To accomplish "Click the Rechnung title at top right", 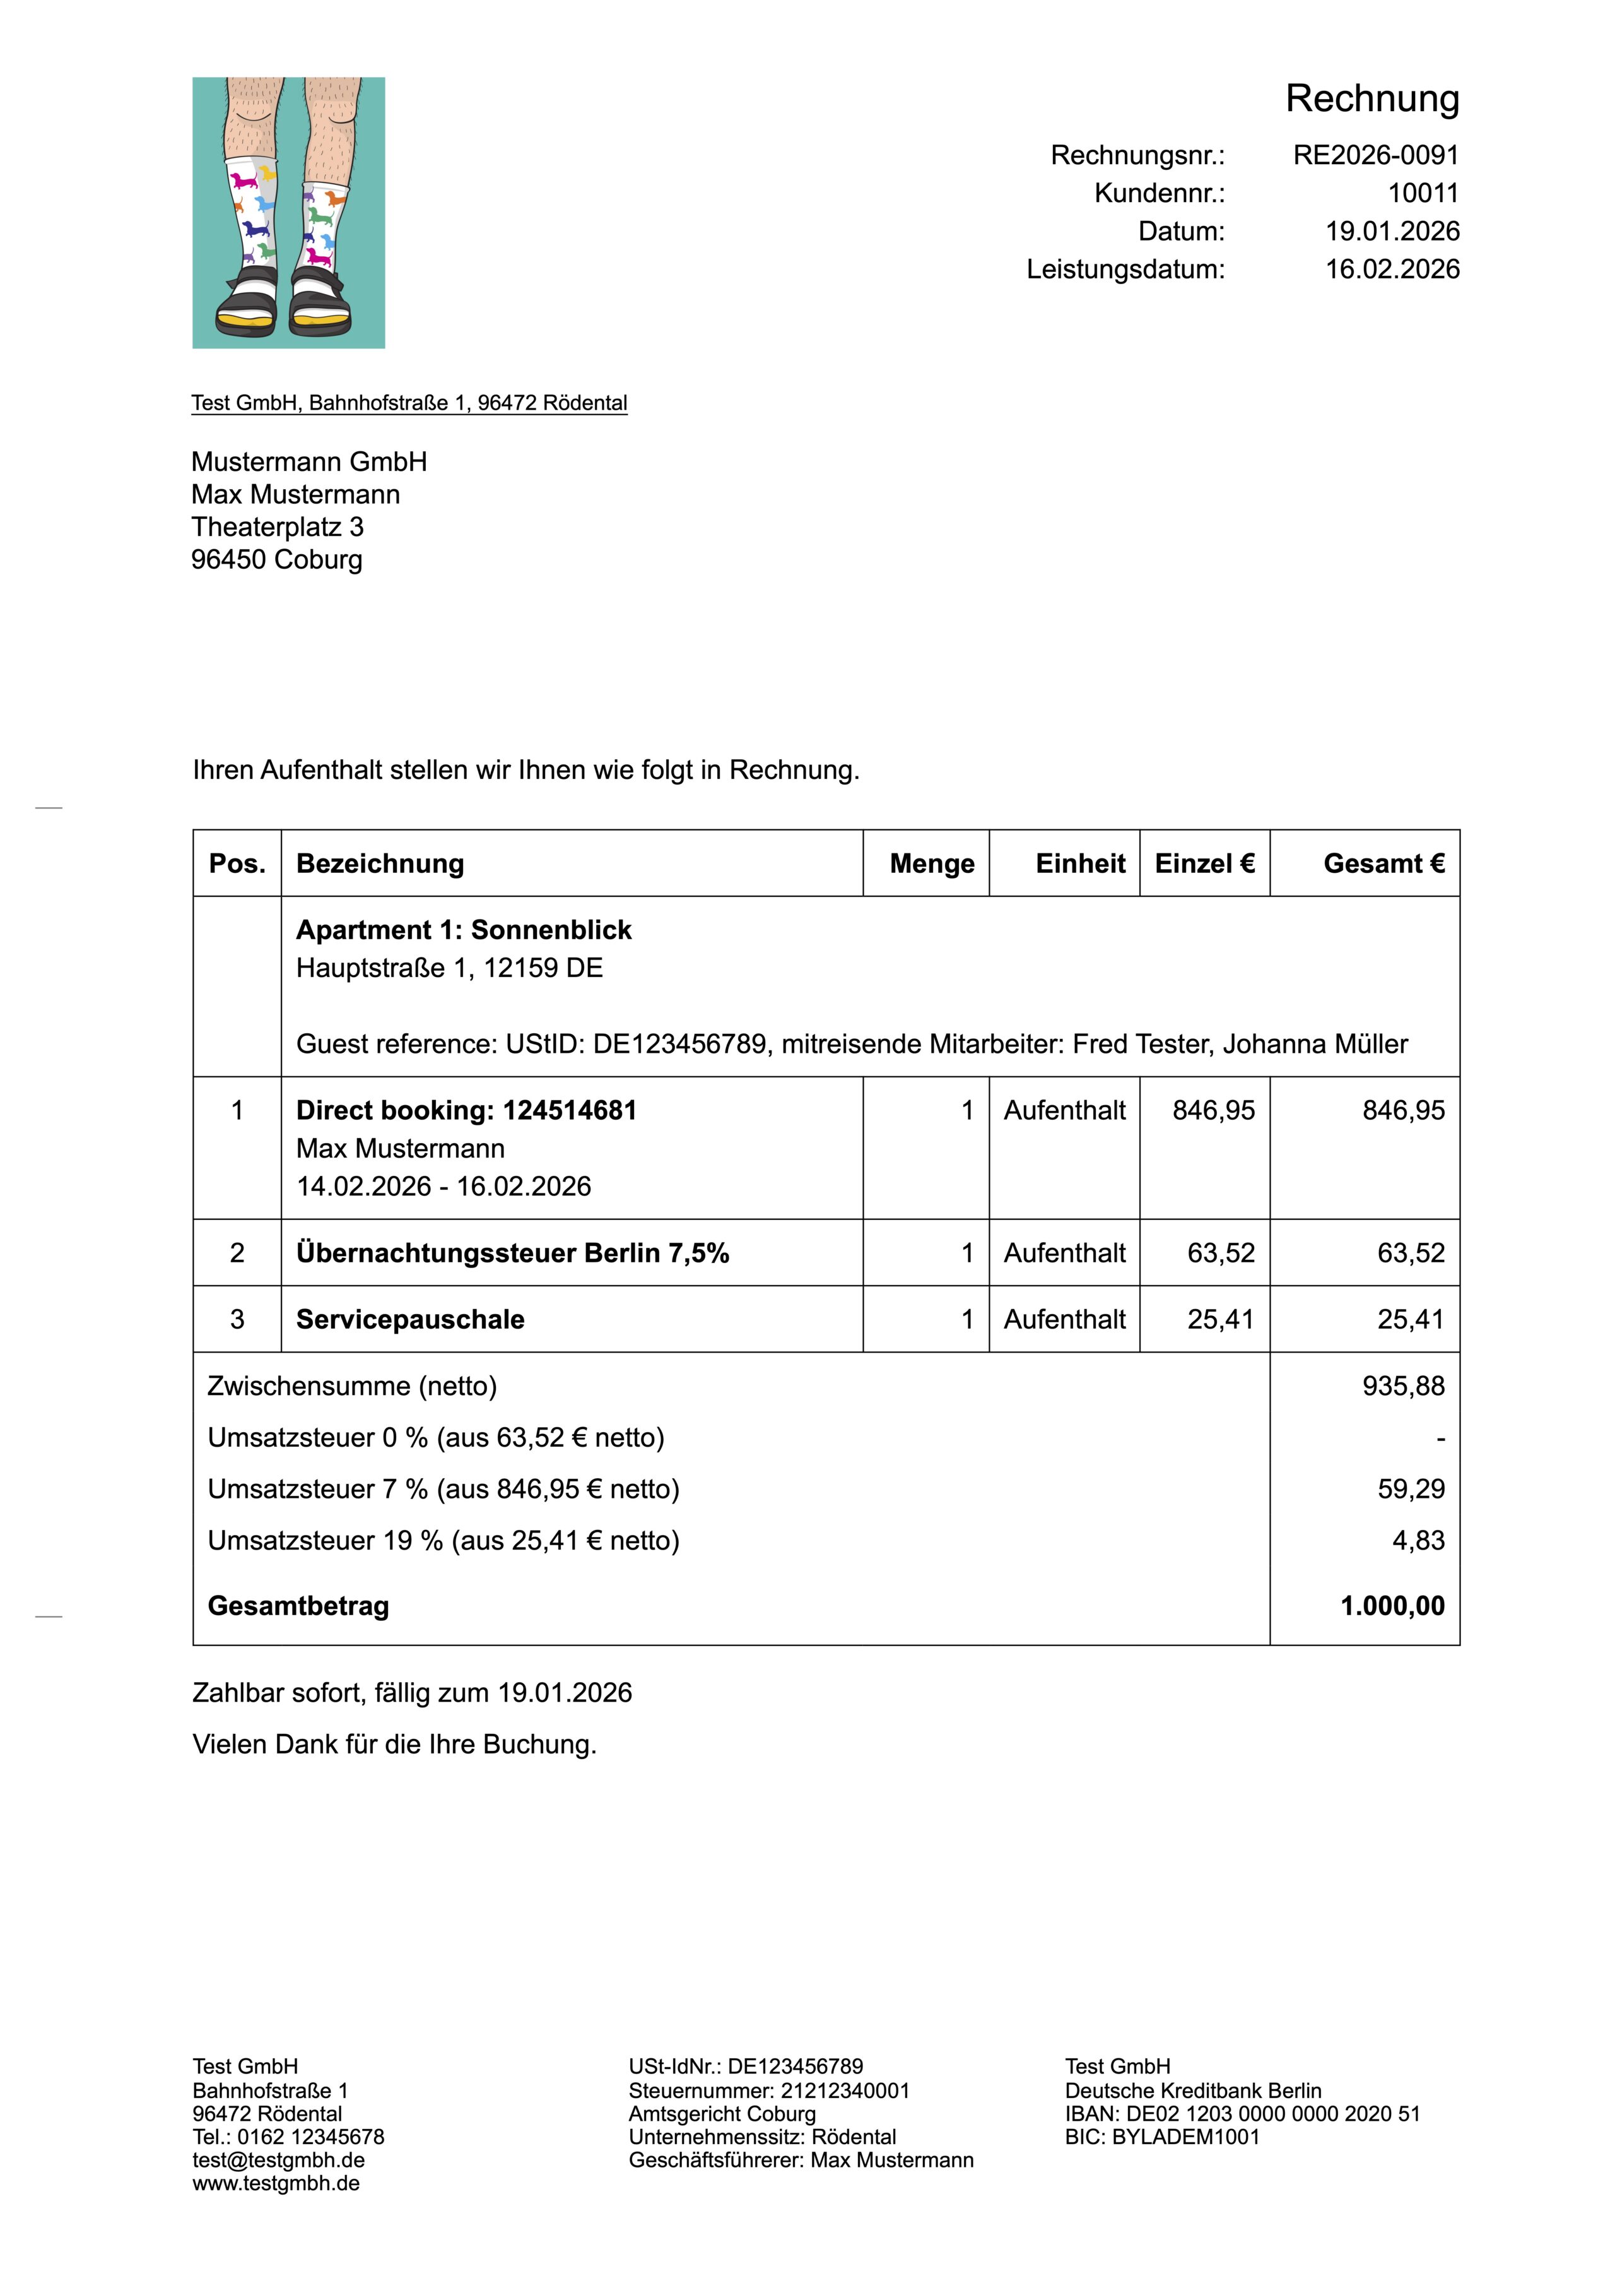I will tap(1371, 98).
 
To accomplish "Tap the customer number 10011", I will tap(1423, 193).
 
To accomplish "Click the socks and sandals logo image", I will tap(288, 213).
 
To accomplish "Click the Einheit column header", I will tap(1080, 863).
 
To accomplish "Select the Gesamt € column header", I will tap(1383, 863).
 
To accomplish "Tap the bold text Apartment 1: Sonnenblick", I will tap(464, 930).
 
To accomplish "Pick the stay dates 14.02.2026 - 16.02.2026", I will tap(443, 1187).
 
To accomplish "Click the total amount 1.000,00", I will tap(1392, 1606).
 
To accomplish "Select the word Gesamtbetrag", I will tap(298, 1606).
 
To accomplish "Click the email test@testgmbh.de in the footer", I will tap(278, 2161).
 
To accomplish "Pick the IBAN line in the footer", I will tap(1242, 2114).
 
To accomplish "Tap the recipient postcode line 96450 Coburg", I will tap(276, 560).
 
